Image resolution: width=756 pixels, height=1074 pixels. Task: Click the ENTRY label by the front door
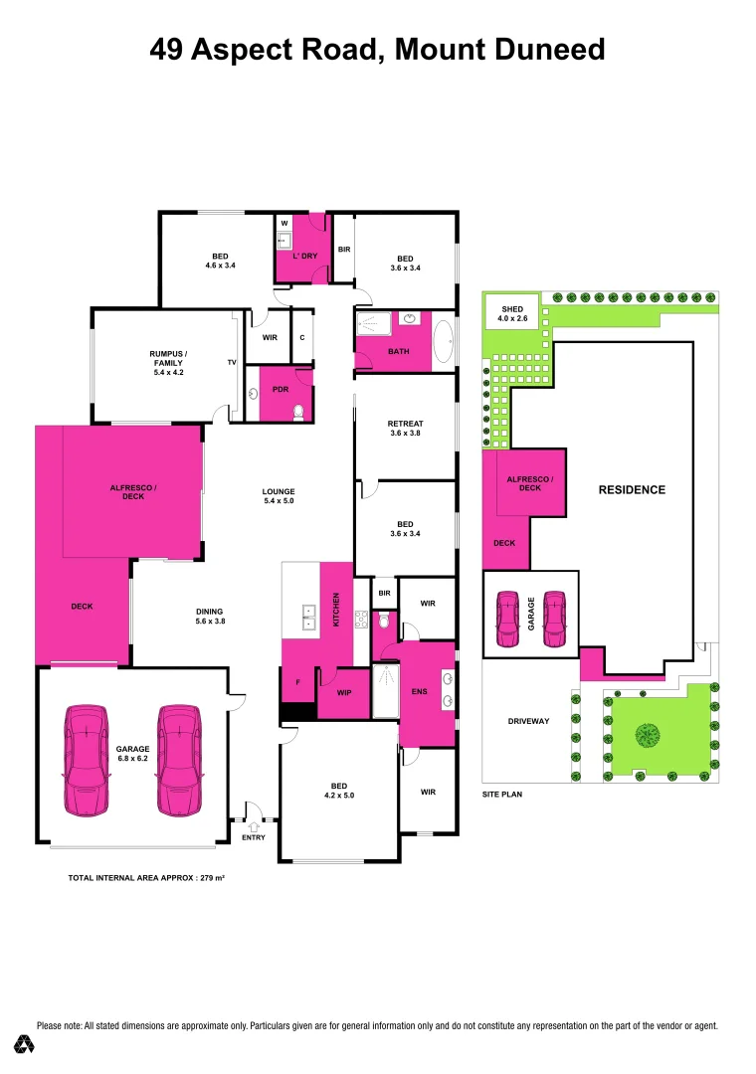pos(254,837)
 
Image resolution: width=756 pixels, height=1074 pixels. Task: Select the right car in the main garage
pos(180,761)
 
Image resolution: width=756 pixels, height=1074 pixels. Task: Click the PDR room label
pos(266,390)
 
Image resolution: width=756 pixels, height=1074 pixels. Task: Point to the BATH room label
pos(399,351)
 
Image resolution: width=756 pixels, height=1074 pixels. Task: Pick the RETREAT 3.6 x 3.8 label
pos(405,429)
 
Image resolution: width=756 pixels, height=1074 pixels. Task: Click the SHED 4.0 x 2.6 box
pos(511,313)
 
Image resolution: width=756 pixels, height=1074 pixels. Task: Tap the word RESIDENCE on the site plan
pos(631,489)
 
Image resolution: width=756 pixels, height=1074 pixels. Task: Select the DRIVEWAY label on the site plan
pos(528,721)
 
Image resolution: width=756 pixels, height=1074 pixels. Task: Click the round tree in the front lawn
pos(648,736)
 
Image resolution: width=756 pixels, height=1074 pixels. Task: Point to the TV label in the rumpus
pos(231,363)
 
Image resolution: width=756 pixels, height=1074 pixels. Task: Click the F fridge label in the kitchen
pos(297,682)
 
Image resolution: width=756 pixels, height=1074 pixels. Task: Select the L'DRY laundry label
pos(304,256)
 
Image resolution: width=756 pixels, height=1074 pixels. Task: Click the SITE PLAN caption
pos(502,795)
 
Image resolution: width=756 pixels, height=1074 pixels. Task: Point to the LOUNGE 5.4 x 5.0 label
pos(279,496)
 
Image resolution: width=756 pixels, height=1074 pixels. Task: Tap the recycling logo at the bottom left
pos(25,1044)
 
